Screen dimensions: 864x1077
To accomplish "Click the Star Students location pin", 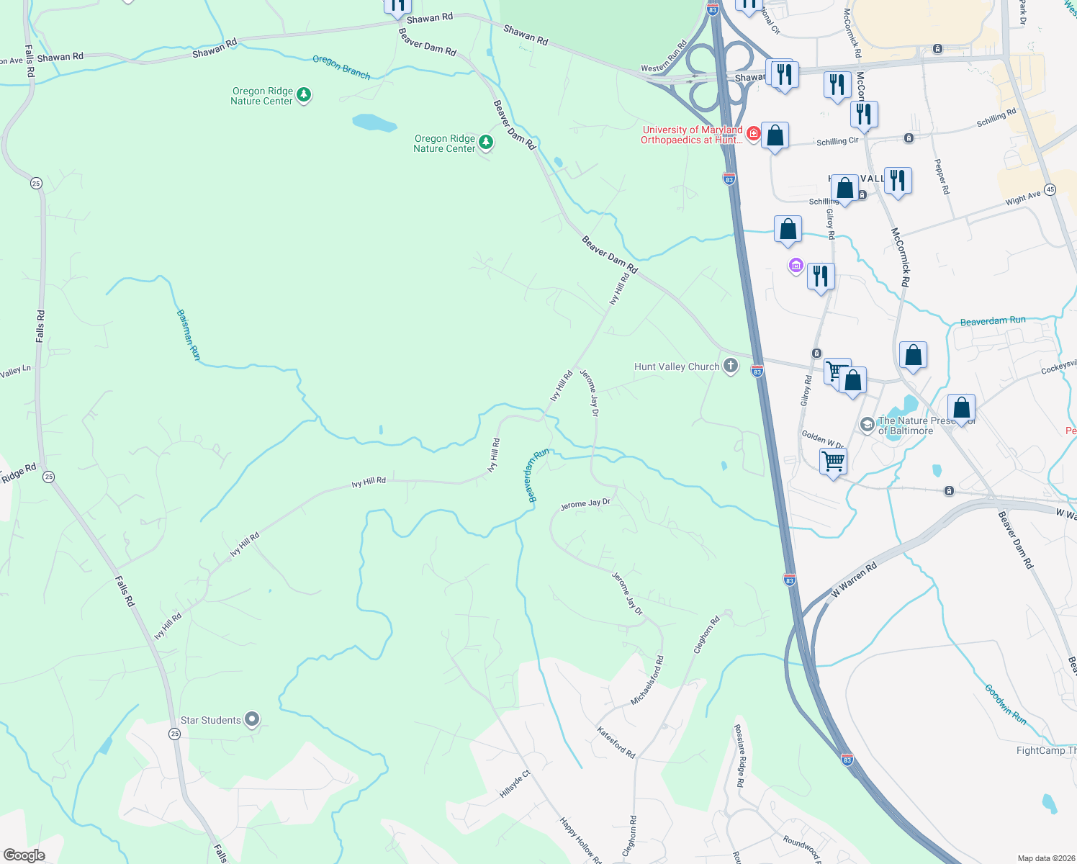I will pos(252,719).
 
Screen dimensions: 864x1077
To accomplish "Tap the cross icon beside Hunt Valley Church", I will pos(731,366).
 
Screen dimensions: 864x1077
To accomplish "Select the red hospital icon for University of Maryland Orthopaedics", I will pos(753,134).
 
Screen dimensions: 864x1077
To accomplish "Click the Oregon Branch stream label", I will pos(341,67).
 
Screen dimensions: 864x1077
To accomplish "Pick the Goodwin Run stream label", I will pos(1006,704).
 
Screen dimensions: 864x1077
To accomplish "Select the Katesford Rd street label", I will pos(616,742).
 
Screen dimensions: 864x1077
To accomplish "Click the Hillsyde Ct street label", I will pos(515,784).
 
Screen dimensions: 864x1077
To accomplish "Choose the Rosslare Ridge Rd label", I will pos(740,755).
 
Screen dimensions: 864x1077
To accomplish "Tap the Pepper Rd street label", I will pos(942,176).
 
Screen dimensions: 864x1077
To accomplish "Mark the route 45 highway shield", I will pos(1050,189).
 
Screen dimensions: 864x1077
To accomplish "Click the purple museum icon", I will pos(796,266).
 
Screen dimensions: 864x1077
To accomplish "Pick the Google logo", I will pos(24,855).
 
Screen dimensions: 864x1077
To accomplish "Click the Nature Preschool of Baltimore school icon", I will pos(868,425).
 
